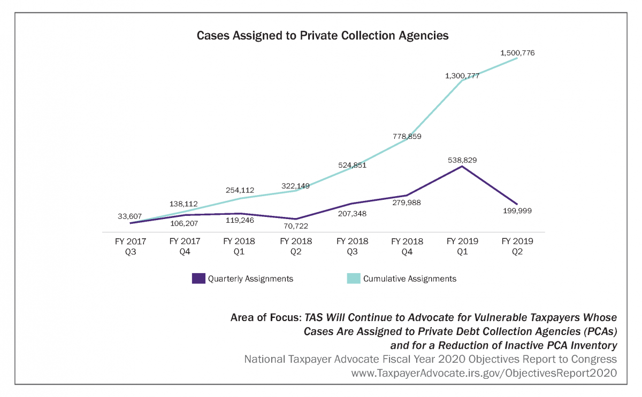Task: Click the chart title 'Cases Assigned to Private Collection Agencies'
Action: click(x=322, y=36)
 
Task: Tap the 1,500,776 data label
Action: click(x=517, y=53)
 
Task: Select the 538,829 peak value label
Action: click(x=462, y=160)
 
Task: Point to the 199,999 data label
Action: click(x=517, y=211)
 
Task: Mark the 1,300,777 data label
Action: click(x=462, y=75)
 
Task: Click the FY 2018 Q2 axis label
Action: click(x=295, y=246)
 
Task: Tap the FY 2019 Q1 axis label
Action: click(x=462, y=246)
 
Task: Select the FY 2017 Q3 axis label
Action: click(x=131, y=246)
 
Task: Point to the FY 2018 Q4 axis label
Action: click(x=407, y=246)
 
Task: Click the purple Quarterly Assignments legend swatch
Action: click(x=198, y=278)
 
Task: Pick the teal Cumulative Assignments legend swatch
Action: click(x=353, y=278)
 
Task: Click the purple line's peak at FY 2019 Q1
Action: click(x=462, y=166)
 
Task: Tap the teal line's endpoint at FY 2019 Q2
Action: click(x=517, y=58)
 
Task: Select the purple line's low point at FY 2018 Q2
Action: click(x=295, y=219)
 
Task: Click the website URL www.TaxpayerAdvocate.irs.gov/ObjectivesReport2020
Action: click(x=484, y=373)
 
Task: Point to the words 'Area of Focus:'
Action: click(x=265, y=317)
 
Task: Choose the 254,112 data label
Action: click(x=239, y=190)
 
